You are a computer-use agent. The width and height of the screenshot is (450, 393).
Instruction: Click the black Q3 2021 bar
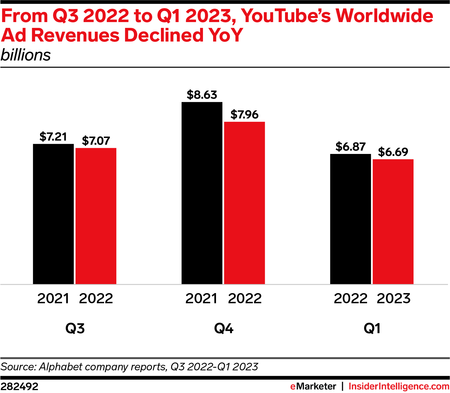(53, 214)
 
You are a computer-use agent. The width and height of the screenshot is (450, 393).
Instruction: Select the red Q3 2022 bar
(96, 216)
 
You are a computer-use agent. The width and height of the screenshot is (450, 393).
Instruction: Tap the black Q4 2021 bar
(202, 193)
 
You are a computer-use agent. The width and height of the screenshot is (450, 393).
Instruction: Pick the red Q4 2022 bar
(244, 203)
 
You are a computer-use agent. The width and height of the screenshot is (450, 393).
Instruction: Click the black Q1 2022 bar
(351, 219)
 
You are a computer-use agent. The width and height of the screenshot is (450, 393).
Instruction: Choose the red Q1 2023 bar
(393, 222)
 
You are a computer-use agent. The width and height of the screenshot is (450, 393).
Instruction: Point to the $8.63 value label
(202, 95)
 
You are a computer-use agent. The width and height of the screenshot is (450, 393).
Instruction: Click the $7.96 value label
(244, 115)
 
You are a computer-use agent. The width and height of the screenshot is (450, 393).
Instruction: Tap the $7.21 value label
(53, 137)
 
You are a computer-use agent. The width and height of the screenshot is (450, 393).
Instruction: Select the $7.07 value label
(96, 141)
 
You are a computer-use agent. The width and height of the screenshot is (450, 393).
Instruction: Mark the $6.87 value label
(351, 147)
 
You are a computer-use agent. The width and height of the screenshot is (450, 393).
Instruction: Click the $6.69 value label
(393, 152)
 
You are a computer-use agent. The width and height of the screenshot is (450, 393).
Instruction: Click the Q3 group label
(75, 329)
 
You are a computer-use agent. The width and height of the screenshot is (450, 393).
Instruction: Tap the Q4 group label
(224, 329)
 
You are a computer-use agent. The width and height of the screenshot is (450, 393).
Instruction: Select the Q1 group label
(372, 329)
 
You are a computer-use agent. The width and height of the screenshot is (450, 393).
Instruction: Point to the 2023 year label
(393, 299)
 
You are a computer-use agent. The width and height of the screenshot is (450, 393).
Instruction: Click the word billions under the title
(26, 55)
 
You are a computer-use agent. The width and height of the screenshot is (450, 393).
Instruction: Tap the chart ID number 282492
(19, 387)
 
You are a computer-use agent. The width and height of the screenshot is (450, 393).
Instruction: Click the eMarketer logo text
(313, 387)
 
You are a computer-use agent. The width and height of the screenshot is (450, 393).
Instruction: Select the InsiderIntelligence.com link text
(399, 387)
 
